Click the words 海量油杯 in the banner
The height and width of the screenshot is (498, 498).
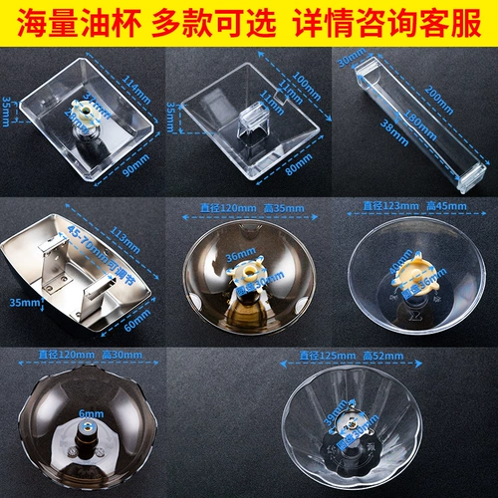click(x=76, y=21)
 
